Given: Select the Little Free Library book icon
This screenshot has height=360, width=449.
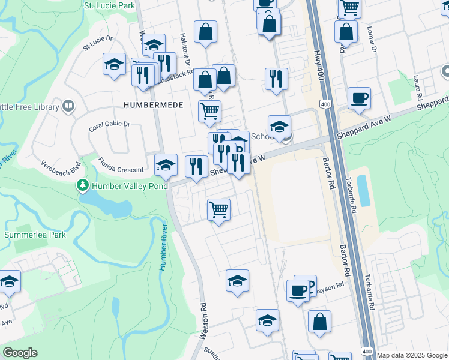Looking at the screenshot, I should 68,107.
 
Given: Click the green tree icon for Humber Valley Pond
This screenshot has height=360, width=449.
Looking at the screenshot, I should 83,186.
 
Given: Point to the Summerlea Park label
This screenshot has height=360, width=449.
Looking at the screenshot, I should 35,235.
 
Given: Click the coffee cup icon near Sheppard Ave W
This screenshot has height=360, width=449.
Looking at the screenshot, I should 359,98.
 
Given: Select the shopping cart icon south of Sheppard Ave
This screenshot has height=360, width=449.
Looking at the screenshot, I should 218,211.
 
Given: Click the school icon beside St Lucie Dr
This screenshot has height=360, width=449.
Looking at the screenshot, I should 113,65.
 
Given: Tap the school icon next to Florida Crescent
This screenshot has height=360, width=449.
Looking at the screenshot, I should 166,166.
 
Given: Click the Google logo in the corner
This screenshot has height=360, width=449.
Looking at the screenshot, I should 20,353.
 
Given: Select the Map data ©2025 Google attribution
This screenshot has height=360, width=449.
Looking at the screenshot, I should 412,355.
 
